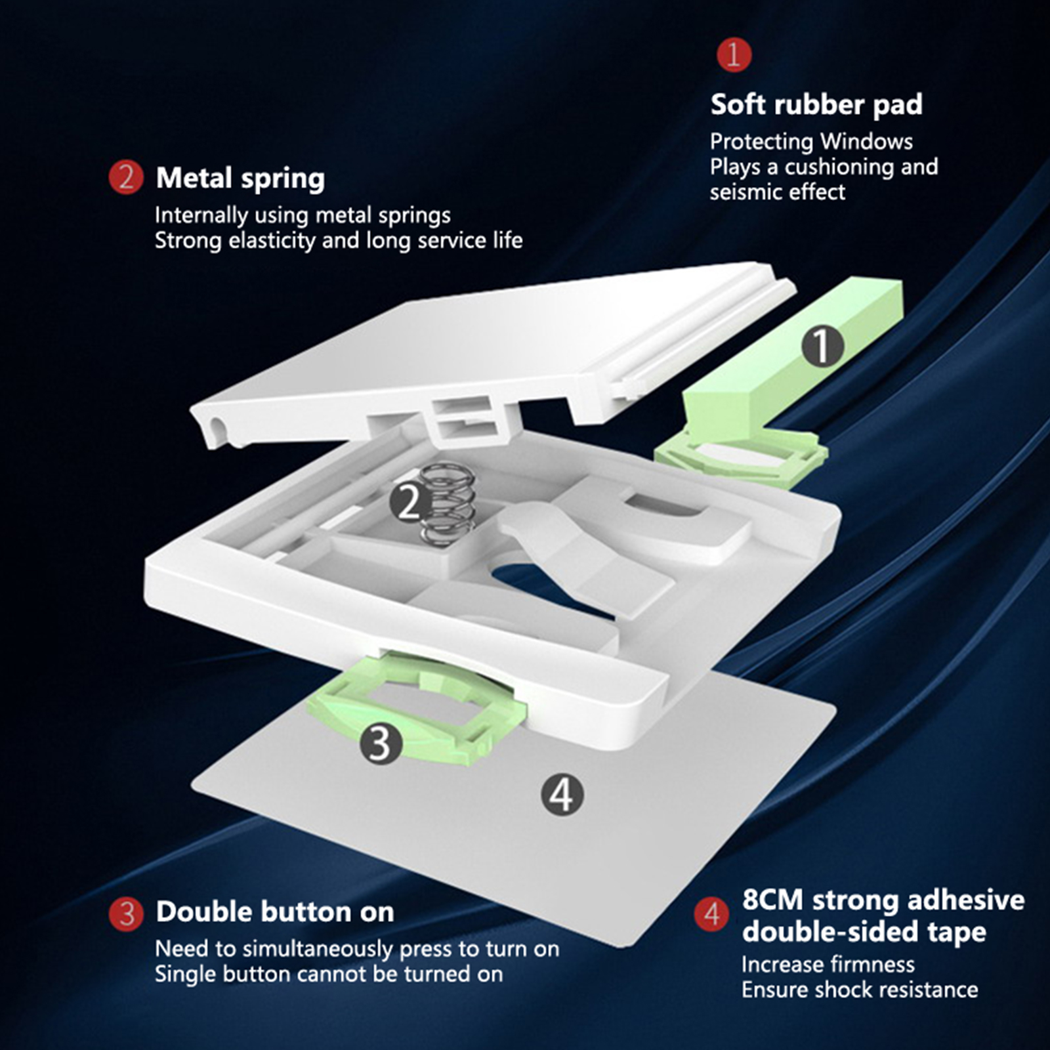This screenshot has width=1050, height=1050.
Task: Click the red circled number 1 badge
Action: point(734,54)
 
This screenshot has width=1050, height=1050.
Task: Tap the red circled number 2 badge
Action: point(126,178)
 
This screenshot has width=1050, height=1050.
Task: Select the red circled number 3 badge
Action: point(126,913)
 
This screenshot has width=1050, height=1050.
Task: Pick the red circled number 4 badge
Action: point(711,914)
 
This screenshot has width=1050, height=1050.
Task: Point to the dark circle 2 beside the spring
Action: point(410,503)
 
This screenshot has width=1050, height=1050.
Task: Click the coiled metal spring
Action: point(447,504)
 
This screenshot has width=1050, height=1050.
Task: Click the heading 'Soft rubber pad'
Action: point(816,105)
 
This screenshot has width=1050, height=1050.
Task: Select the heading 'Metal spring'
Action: point(240,178)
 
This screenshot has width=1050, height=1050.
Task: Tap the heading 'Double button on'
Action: point(275,912)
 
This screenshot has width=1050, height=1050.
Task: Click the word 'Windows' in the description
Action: point(866,141)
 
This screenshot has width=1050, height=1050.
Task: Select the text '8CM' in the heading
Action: point(774,900)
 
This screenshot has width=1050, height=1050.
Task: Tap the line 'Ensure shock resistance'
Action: point(860,990)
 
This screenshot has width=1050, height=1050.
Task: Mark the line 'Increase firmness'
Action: point(828,964)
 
